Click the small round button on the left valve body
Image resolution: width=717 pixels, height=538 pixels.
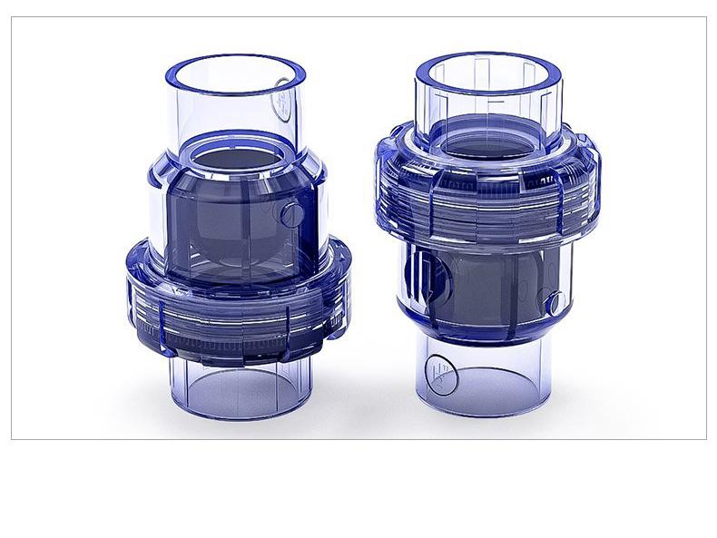[x=292, y=215]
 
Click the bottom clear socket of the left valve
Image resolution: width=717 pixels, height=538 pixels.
[x=238, y=386]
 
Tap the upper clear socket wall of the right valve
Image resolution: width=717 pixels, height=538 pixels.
[x=436, y=100]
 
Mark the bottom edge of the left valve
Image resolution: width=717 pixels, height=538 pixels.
[x=238, y=417]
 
